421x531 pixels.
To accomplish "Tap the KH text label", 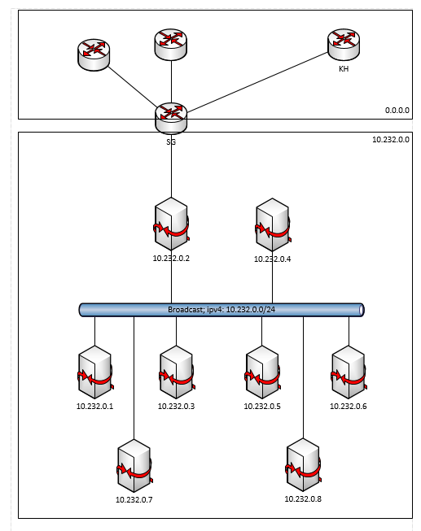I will [x=344, y=70].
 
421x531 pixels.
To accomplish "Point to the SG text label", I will [x=171, y=141].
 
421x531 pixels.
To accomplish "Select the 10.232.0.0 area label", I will [x=390, y=140].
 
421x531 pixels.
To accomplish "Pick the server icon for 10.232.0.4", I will [x=272, y=224].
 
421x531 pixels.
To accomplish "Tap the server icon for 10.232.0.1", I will [x=94, y=372].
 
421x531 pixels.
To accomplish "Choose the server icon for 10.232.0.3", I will [x=177, y=372].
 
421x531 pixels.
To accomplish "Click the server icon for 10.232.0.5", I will [x=261, y=372].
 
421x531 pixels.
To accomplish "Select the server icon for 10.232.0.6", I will [x=349, y=372].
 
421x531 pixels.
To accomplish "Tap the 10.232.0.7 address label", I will [x=134, y=499].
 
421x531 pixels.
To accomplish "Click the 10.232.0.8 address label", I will [x=303, y=498].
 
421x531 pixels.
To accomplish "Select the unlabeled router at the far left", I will [x=94, y=54].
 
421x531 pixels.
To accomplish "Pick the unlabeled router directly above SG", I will [x=171, y=43].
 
